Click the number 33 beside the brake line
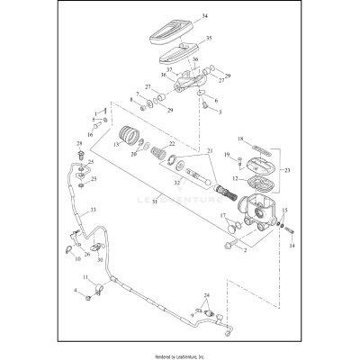pyautogui.click(x=91, y=211)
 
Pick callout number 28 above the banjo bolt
pyautogui.click(x=79, y=143)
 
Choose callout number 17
pyautogui.click(x=224, y=215)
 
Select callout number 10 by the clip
pyautogui.click(x=77, y=259)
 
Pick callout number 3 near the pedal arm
pyautogui.click(x=216, y=112)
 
